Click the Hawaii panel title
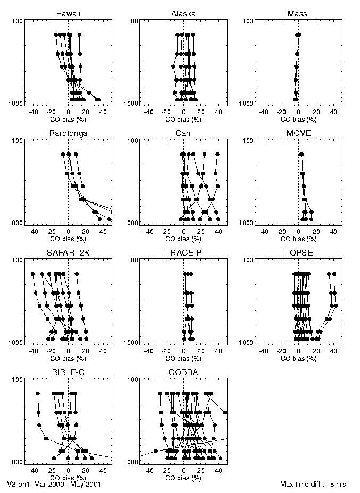coord(69,13)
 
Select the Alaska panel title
coord(183,13)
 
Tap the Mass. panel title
coord(298,13)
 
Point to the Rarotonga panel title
coord(69,133)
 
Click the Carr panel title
coord(183,133)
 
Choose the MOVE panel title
coord(298,133)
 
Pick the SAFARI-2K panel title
coord(69,252)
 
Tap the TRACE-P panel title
coord(183,252)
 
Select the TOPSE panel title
coord(298,252)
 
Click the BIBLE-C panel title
coord(69,372)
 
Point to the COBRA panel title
coord(183,372)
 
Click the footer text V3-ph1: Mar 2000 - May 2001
coord(54,484)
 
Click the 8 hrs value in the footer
coord(339,484)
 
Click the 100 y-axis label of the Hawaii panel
coord(16,21)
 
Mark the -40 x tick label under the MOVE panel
coord(263,232)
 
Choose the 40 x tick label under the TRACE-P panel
coord(219,351)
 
